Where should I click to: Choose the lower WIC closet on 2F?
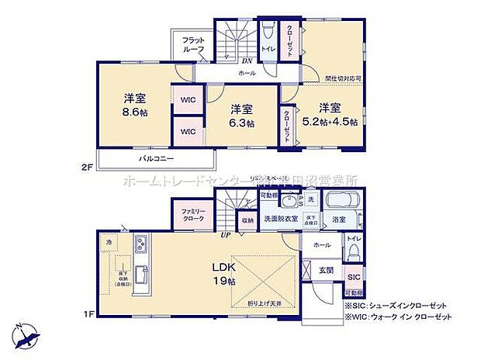(x=188, y=132)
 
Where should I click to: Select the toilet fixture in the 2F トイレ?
(x=267, y=33)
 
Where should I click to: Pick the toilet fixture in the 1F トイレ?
(x=352, y=252)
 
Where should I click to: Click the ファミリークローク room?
(x=193, y=215)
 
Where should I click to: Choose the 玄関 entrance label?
(x=327, y=271)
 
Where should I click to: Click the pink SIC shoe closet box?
(x=353, y=276)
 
